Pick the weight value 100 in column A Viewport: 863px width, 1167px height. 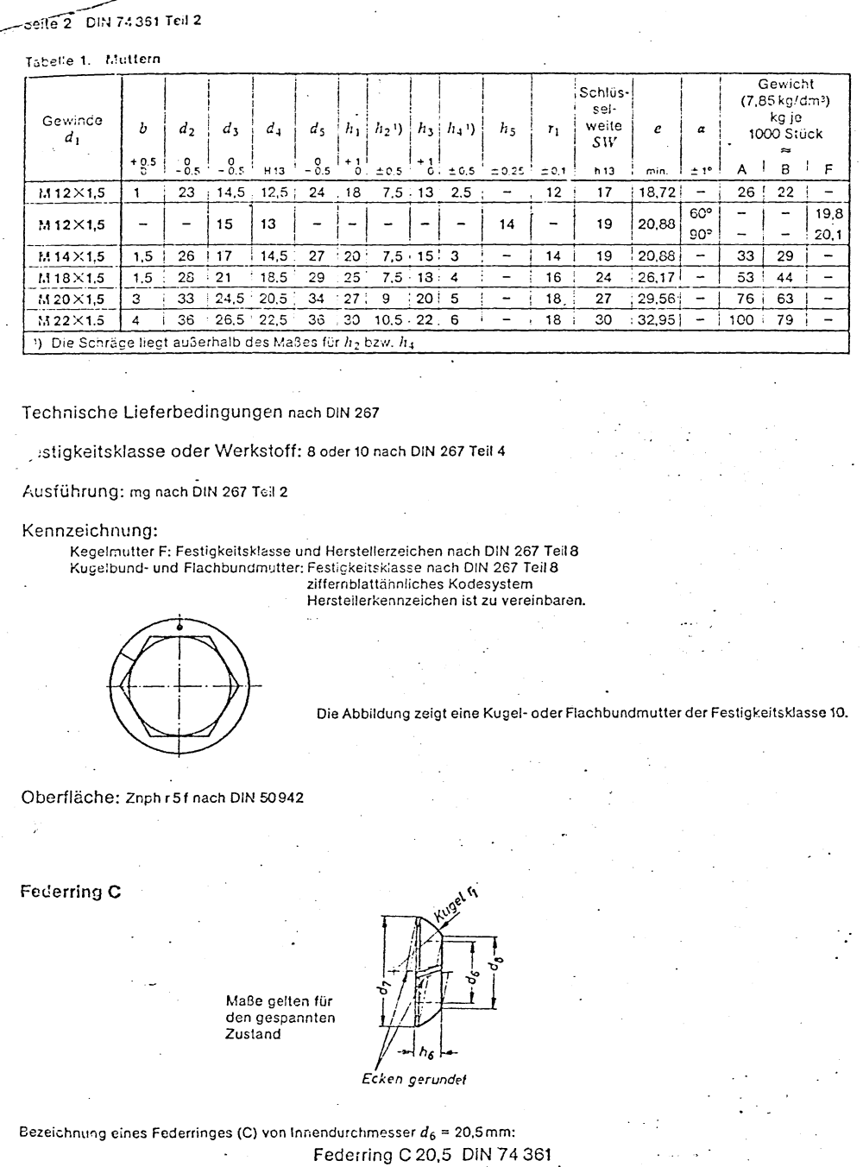(747, 319)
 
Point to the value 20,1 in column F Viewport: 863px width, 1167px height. (828, 234)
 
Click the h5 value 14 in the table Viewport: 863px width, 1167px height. (507, 224)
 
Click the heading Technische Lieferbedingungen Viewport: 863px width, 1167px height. (152, 413)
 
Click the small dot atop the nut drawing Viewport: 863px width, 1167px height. (180, 625)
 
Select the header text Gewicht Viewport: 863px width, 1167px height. (785, 85)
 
